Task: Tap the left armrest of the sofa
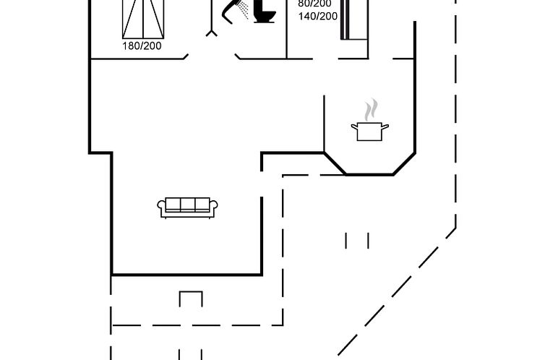pyautogui.click(x=161, y=208)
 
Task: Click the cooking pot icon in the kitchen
pyautogui.click(x=369, y=131)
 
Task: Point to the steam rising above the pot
pyautogui.click(x=371, y=111)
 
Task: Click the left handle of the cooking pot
pyautogui.click(x=353, y=127)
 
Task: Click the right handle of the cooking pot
pyautogui.click(x=386, y=127)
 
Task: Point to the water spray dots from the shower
pyautogui.click(x=245, y=11)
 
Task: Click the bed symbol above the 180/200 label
pyautogui.click(x=142, y=18)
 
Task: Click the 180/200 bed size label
pyautogui.click(x=142, y=46)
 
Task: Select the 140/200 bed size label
pyautogui.click(x=317, y=15)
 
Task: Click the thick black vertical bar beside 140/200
pyautogui.click(x=346, y=18)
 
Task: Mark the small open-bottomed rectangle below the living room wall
pyautogui.click(x=191, y=298)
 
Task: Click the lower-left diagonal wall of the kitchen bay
pyautogui.click(x=335, y=163)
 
